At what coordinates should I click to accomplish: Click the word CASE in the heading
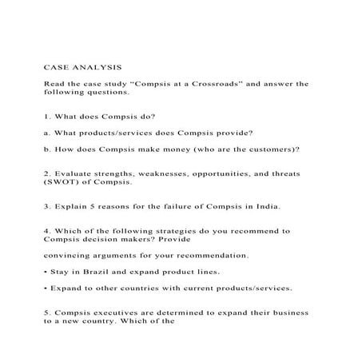(56, 66)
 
